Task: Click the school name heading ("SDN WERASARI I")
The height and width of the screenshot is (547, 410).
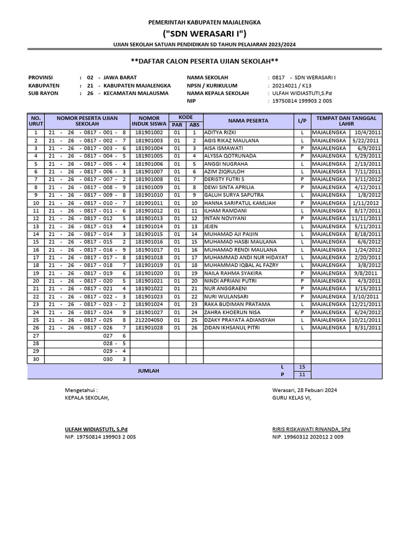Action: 204,34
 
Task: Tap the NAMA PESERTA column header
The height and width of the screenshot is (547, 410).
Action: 248,121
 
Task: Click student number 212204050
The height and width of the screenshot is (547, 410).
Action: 149,320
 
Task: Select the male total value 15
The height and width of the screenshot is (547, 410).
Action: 302,367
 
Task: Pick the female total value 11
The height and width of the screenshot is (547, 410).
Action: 302,375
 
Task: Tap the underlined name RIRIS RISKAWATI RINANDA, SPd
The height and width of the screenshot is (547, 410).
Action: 311,429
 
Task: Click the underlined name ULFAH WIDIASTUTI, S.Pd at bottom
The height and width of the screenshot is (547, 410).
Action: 96,429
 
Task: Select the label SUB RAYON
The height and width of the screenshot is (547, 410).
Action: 43,93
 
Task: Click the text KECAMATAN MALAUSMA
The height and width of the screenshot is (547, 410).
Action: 136,93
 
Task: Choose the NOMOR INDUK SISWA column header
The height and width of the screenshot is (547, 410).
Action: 149,121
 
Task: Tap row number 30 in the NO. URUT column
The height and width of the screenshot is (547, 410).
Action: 36,359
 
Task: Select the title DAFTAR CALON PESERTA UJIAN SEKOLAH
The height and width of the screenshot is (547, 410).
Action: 204,61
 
